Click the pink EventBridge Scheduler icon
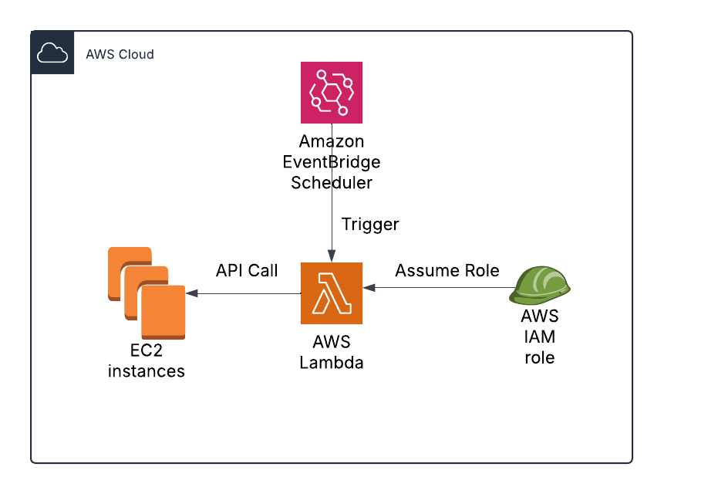[x=332, y=93]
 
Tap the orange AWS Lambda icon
[x=332, y=293]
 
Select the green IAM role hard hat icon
[x=541, y=286]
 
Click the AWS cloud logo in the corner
[x=52, y=53]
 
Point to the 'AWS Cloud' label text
[x=120, y=55]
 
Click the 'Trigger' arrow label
[x=370, y=225]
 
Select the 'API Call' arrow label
[x=247, y=271]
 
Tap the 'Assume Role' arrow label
[x=447, y=271]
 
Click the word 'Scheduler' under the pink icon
[x=332, y=183]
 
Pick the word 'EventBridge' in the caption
[x=332, y=163]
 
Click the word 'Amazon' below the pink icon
[x=332, y=143]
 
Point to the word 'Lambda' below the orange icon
[x=332, y=361]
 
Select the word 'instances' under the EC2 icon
[x=147, y=371]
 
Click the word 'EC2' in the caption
[x=147, y=351]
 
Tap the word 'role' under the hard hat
[x=540, y=357]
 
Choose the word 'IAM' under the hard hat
[x=540, y=337]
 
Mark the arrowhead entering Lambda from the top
[x=332, y=257]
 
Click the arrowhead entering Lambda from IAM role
[x=369, y=287]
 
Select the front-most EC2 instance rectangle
[x=163, y=312]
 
